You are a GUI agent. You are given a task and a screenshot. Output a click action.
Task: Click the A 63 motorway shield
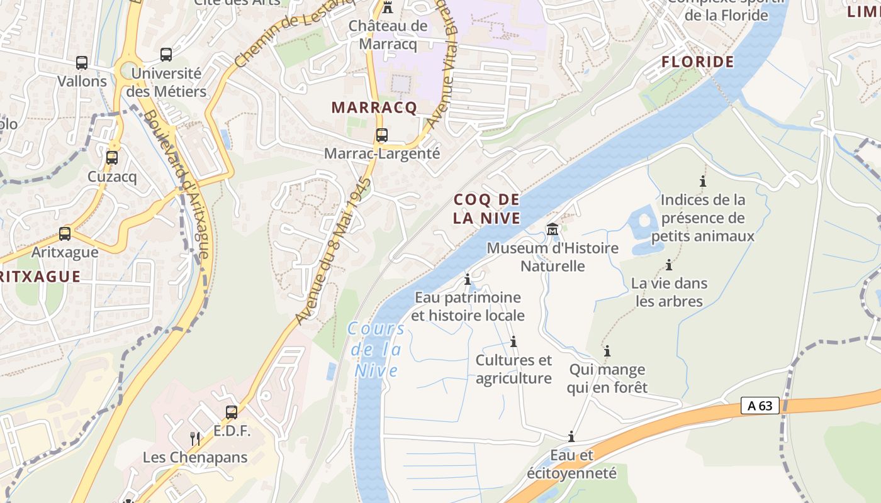pyautogui.click(x=760, y=406)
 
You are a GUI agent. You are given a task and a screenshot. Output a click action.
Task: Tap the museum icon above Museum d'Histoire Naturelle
pyautogui.click(x=553, y=229)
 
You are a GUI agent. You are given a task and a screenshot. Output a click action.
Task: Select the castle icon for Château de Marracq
pyautogui.click(x=388, y=8)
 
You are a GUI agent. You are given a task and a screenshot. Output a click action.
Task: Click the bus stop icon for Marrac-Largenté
pyautogui.click(x=381, y=135)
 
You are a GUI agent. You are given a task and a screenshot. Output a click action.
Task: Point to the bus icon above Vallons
pyautogui.click(x=82, y=63)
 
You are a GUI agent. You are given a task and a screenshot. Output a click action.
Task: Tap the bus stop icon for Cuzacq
pyautogui.click(x=112, y=158)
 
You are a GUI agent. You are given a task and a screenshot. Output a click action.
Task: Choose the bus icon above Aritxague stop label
pyautogui.click(x=65, y=234)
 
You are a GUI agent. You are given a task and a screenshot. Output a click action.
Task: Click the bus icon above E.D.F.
pyautogui.click(x=232, y=412)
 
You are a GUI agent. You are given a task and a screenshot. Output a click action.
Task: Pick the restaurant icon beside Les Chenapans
pyautogui.click(x=195, y=438)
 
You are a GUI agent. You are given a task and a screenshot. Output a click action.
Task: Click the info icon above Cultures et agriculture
pyautogui.click(x=513, y=341)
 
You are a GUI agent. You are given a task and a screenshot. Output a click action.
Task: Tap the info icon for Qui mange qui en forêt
pyautogui.click(x=607, y=351)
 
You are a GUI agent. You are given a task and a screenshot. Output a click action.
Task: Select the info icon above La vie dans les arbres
pyautogui.click(x=669, y=265)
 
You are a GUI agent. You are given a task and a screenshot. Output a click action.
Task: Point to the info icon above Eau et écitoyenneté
pyautogui.click(x=571, y=436)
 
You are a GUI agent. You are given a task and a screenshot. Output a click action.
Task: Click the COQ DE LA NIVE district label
pyautogui.click(x=487, y=209)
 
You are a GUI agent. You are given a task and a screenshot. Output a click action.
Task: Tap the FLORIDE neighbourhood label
pyautogui.click(x=698, y=62)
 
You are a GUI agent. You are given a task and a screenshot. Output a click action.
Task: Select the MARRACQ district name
pyautogui.click(x=374, y=108)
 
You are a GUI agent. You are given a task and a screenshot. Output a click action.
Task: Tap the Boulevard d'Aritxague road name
pyautogui.click(x=176, y=185)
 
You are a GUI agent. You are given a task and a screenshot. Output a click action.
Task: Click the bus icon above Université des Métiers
pyautogui.click(x=166, y=55)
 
